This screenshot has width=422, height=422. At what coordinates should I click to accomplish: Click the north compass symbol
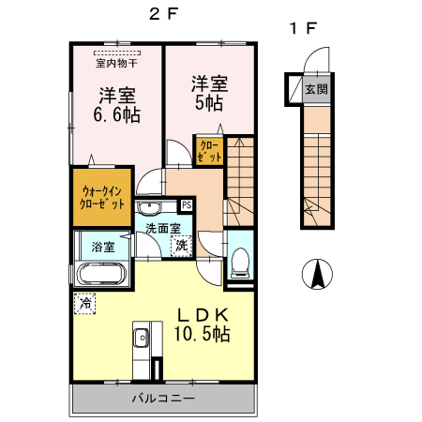(317, 274)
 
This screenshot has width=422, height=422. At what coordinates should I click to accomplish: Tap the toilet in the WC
(240, 263)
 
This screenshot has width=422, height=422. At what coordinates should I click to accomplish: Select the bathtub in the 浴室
(101, 274)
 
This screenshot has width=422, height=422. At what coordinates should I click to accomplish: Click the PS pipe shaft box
(187, 205)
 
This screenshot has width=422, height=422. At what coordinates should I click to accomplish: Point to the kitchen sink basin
(142, 338)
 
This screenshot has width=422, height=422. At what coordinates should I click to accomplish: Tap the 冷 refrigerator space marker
(84, 303)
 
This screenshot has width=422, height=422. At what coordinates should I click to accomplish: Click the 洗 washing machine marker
(181, 246)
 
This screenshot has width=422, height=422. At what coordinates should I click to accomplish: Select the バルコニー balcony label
(163, 399)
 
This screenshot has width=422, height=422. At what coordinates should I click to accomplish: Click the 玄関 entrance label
(317, 89)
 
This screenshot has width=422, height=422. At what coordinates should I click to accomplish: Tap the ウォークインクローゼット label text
(102, 197)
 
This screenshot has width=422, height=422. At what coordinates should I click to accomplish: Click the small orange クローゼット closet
(209, 151)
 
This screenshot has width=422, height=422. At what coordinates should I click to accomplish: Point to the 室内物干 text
(116, 64)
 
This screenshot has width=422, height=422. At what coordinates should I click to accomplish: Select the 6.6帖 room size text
(116, 114)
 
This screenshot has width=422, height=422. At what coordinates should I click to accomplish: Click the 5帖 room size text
(209, 103)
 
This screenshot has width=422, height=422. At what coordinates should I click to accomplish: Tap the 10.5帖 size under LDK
(202, 334)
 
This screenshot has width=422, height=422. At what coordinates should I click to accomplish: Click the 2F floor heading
(163, 14)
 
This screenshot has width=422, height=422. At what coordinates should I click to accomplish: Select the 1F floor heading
(304, 28)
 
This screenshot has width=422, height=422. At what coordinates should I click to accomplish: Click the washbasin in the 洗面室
(149, 207)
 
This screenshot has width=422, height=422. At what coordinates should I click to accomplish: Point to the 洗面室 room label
(163, 229)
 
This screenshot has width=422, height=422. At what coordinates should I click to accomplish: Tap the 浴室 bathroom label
(103, 247)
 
